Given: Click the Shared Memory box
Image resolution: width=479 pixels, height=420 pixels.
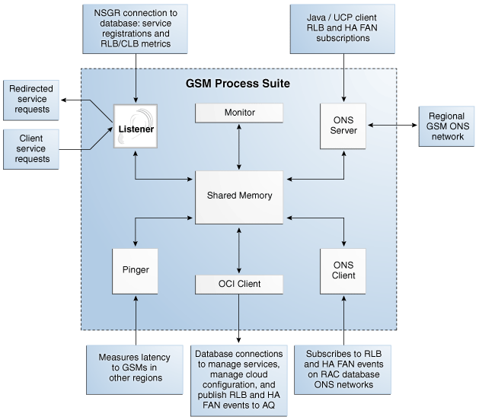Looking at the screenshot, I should (239, 196).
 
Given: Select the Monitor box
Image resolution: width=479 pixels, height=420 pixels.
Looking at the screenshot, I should (239, 113).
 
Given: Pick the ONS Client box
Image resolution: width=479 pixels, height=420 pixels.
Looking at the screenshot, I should (343, 270).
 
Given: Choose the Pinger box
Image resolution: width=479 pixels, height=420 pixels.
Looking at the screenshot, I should (135, 270).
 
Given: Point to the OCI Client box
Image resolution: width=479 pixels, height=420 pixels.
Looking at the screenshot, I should (239, 285).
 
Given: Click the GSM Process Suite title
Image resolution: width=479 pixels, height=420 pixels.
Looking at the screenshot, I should (238, 82).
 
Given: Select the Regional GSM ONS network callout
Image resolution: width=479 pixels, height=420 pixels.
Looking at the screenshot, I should (446, 127).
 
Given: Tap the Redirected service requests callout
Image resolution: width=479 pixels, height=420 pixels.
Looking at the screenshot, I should (30, 100).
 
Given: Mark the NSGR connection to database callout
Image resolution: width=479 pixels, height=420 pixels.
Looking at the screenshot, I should (136, 30).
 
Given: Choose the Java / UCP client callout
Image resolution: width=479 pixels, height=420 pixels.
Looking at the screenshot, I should (343, 30).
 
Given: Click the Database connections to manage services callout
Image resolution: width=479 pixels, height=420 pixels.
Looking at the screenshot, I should (239, 379).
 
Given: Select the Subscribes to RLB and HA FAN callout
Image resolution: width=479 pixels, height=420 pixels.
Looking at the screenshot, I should (343, 368).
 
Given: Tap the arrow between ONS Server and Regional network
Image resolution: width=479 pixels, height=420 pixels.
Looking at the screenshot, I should (393, 126).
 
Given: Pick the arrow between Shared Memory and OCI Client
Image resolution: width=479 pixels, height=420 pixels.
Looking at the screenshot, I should (239, 249).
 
